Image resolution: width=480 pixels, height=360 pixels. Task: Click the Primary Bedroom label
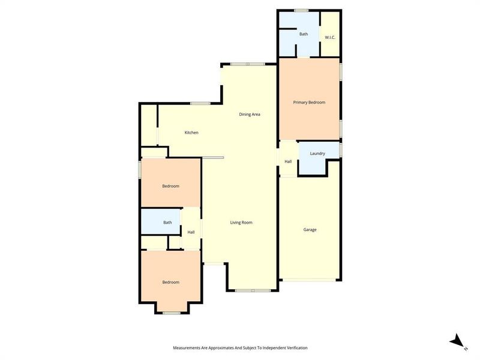309,103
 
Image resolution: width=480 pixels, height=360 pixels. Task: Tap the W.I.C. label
329,38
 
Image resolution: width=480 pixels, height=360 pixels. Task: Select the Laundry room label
317,154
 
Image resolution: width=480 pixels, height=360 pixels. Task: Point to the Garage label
310,230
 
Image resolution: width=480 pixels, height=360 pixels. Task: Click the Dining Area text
250,114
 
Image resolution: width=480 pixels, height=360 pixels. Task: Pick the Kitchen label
191,133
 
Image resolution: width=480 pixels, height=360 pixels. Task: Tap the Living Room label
241,223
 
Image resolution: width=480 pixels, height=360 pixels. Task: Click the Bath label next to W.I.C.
304,34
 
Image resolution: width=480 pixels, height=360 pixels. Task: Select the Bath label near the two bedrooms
167,223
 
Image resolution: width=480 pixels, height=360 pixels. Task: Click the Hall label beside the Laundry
288,161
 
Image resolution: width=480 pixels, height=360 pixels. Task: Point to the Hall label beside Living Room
191,232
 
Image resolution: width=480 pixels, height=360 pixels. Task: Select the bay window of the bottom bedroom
172,313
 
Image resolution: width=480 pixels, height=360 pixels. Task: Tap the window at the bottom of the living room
253,290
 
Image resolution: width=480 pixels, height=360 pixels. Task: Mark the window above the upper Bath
301,10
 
